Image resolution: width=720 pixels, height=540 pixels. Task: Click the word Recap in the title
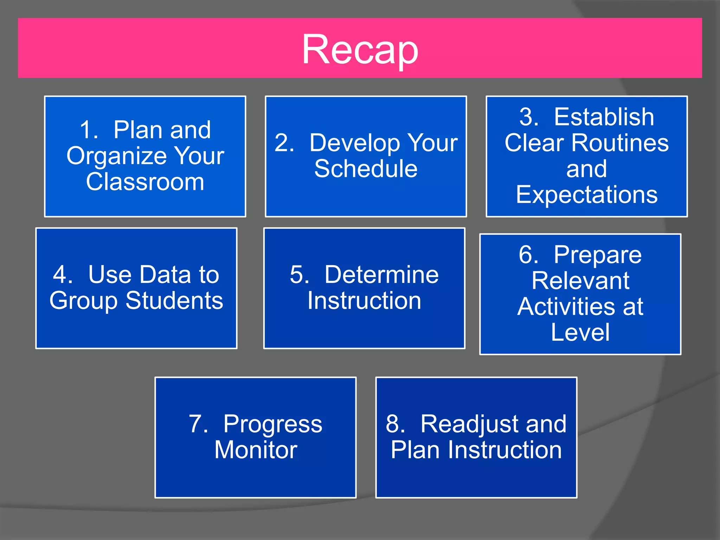click(x=360, y=50)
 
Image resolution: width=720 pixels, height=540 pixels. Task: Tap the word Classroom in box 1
click(x=145, y=182)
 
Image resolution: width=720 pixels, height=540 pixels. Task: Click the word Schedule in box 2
click(x=366, y=169)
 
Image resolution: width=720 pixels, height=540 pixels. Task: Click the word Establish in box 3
click(x=604, y=117)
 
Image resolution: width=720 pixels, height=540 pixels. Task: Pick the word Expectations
click(x=586, y=195)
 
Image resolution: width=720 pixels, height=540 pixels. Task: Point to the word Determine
click(x=381, y=275)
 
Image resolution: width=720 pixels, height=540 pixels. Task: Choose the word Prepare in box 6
click(x=598, y=255)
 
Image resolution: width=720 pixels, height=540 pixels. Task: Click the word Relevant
click(x=580, y=281)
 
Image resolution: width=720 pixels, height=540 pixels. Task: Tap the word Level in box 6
click(x=580, y=332)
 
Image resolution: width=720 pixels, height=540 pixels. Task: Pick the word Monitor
click(x=256, y=450)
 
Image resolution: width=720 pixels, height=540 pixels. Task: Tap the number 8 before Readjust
click(x=393, y=424)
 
